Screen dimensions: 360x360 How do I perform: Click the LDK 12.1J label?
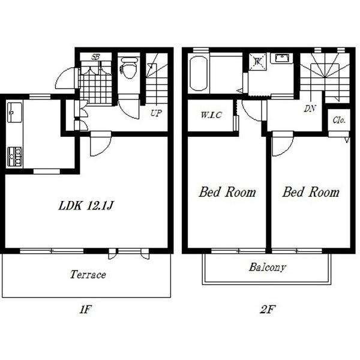[86, 205]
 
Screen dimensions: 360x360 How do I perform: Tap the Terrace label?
[88, 275]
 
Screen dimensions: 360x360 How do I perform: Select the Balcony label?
[268, 267]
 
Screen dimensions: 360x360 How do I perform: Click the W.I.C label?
[211, 115]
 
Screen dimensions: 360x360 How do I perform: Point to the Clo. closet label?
[339, 120]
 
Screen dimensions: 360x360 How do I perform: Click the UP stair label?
[157, 113]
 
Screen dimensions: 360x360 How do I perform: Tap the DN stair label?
[310, 109]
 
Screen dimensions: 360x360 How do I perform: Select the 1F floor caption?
[86, 309]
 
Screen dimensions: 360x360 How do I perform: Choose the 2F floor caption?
[268, 309]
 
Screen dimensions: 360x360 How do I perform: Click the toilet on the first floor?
[129, 67]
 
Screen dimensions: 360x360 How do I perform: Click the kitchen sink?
[14, 113]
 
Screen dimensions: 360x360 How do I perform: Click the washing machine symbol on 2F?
[257, 61]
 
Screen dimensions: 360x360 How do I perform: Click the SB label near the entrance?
[95, 57]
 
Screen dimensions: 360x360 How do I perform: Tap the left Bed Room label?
[227, 192]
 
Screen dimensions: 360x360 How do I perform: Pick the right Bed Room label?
[311, 192]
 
